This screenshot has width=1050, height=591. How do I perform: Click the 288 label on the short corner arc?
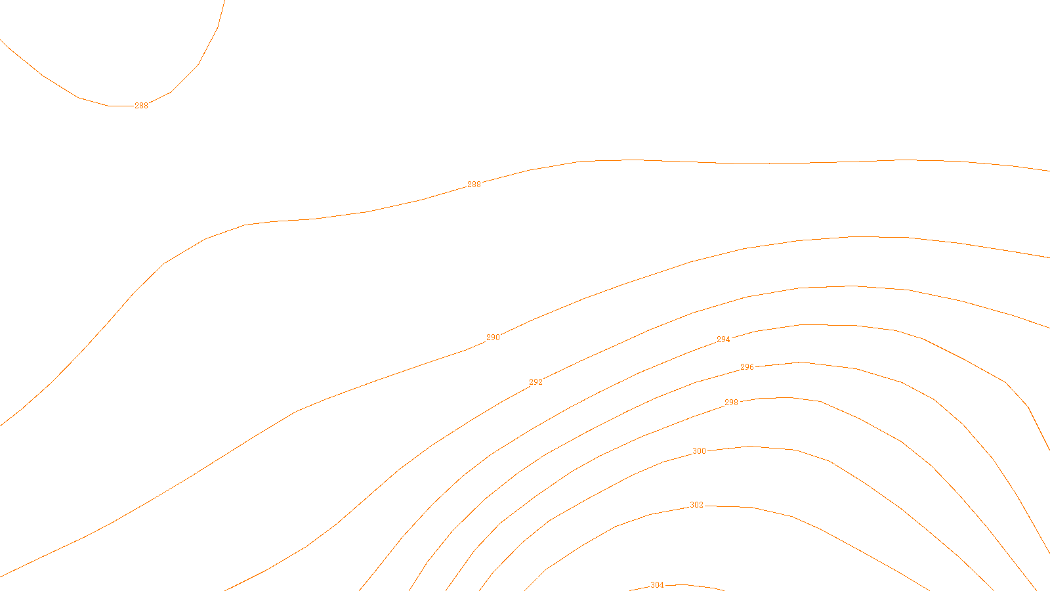click(141, 106)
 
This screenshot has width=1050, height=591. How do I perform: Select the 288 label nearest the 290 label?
click(474, 185)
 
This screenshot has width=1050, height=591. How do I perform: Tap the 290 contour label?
click(493, 338)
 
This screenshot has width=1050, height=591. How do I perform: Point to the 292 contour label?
click(535, 382)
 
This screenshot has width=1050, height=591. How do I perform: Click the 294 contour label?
click(723, 339)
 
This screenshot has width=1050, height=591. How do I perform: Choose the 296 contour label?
click(747, 367)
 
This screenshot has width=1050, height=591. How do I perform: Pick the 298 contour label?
click(731, 403)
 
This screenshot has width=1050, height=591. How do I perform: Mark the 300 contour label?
click(700, 451)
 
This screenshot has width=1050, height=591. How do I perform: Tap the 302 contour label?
click(697, 505)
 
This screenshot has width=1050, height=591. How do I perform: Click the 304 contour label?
click(657, 585)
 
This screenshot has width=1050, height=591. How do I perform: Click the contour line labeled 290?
click(853, 236)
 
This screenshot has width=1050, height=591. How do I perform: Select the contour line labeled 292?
click(853, 286)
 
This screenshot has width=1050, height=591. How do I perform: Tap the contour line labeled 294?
click(853, 326)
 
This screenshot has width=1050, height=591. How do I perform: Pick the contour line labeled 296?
click(856, 368)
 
